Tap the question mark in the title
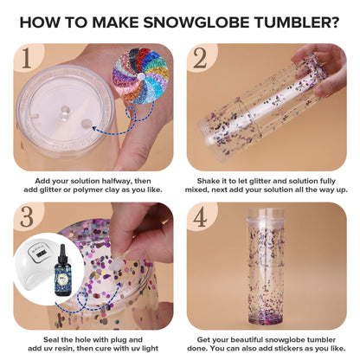coord(332,20)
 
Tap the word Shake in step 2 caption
coord(202,183)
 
